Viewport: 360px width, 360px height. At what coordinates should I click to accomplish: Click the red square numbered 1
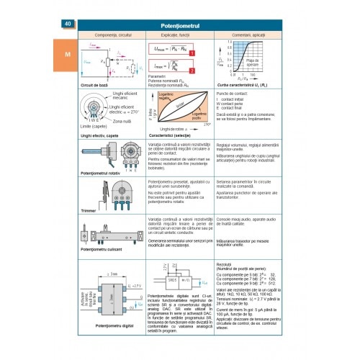click(x=190, y=53)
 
